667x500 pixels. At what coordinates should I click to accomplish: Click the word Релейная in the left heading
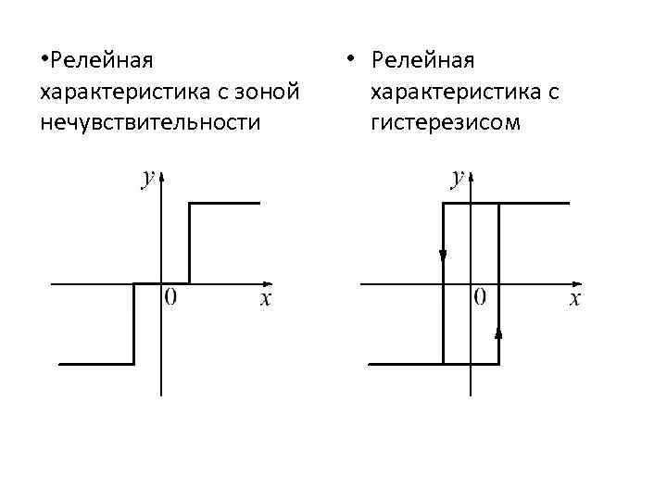click(103, 62)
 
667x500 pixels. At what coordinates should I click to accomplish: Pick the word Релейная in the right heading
click(422, 62)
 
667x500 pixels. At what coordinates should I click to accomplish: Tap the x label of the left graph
click(265, 298)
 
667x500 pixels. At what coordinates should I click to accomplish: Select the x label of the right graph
click(574, 298)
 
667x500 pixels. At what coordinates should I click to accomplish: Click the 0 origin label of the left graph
click(171, 297)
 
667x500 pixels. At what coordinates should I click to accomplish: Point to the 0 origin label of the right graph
click(481, 297)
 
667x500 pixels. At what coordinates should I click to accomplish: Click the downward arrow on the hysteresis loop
click(443, 255)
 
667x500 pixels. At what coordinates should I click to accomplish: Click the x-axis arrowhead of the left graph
click(268, 283)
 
